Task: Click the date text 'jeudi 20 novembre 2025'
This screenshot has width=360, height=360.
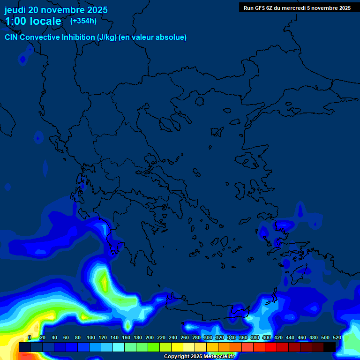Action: (x=56, y=10)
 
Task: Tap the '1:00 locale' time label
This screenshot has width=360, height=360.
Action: (x=33, y=21)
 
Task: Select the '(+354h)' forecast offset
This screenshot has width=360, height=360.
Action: (x=83, y=21)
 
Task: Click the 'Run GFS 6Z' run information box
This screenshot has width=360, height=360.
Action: (x=297, y=7)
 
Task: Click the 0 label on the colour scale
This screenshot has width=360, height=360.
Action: (x=30, y=337)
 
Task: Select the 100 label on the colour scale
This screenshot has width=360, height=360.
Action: (x=91, y=337)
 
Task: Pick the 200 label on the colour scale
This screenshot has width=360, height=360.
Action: (x=150, y=337)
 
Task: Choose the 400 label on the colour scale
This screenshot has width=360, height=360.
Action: (x=267, y=337)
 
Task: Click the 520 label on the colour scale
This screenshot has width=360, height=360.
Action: (x=337, y=337)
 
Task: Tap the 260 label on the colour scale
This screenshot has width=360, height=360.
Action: (x=185, y=337)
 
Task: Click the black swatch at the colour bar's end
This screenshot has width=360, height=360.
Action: (x=330, y=347)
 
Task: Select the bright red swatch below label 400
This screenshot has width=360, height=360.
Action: (x=271, y=347)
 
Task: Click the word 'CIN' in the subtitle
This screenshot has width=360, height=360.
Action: (x=11, y=37)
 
